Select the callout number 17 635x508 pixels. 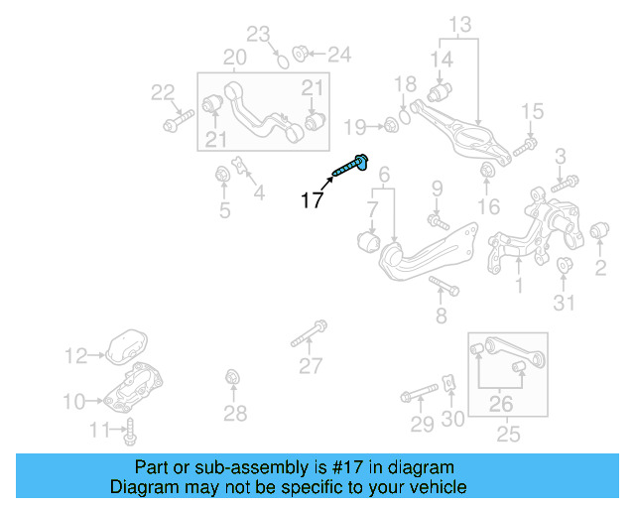click(x=312, y=200)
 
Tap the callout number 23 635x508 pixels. click(x=258, y=36)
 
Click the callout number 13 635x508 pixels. click(x=461, y=23)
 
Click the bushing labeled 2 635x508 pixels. click(x=598, y=232)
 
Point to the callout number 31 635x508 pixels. click(x=564, y=302)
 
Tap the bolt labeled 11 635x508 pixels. click(x=130, y=430)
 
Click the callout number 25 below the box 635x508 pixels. click(x=507, y=434)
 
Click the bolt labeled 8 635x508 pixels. click(x=443, y=288)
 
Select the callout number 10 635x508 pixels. click(x=73, y=401)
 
